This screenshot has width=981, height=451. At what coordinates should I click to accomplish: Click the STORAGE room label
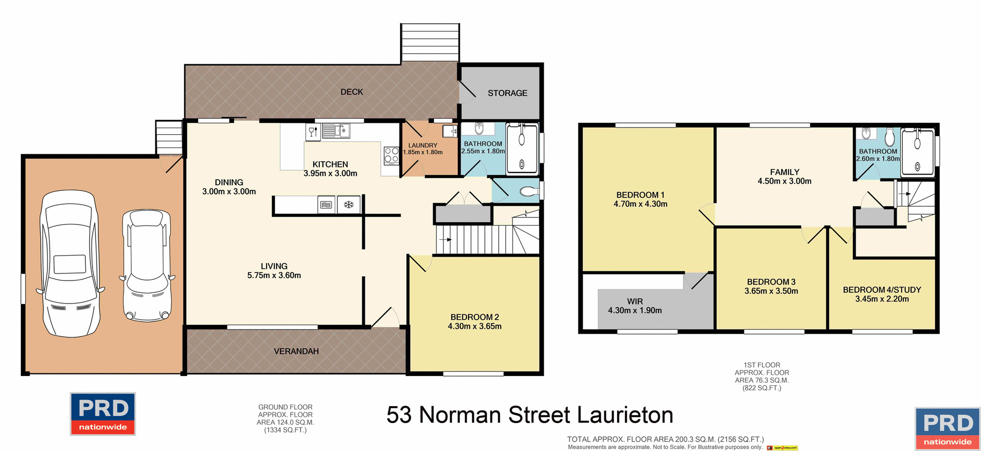507,93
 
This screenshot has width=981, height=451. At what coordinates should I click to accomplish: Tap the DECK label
352,92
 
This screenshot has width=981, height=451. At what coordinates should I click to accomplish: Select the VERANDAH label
296,351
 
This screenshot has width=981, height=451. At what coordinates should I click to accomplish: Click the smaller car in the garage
147,265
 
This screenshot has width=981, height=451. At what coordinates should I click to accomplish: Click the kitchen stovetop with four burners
391,155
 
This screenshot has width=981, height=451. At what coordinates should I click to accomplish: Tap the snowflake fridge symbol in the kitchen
348,205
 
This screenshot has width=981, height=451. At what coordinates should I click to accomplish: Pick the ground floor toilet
528,192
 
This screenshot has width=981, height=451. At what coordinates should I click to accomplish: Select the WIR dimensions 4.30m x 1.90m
635,310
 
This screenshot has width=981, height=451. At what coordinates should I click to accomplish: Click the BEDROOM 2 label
475,317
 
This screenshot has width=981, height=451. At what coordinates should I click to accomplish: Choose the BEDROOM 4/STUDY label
882,290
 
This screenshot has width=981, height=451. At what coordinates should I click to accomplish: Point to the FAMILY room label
784,172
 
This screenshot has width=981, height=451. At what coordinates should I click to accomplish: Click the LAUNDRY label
423,145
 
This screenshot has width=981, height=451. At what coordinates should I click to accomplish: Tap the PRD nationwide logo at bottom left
103,414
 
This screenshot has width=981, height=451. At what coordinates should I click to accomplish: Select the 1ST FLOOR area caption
762,377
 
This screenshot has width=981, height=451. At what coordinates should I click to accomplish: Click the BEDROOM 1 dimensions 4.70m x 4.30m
640,204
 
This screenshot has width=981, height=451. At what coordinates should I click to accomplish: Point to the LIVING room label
274,266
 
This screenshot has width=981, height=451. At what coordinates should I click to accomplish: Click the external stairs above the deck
430,43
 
